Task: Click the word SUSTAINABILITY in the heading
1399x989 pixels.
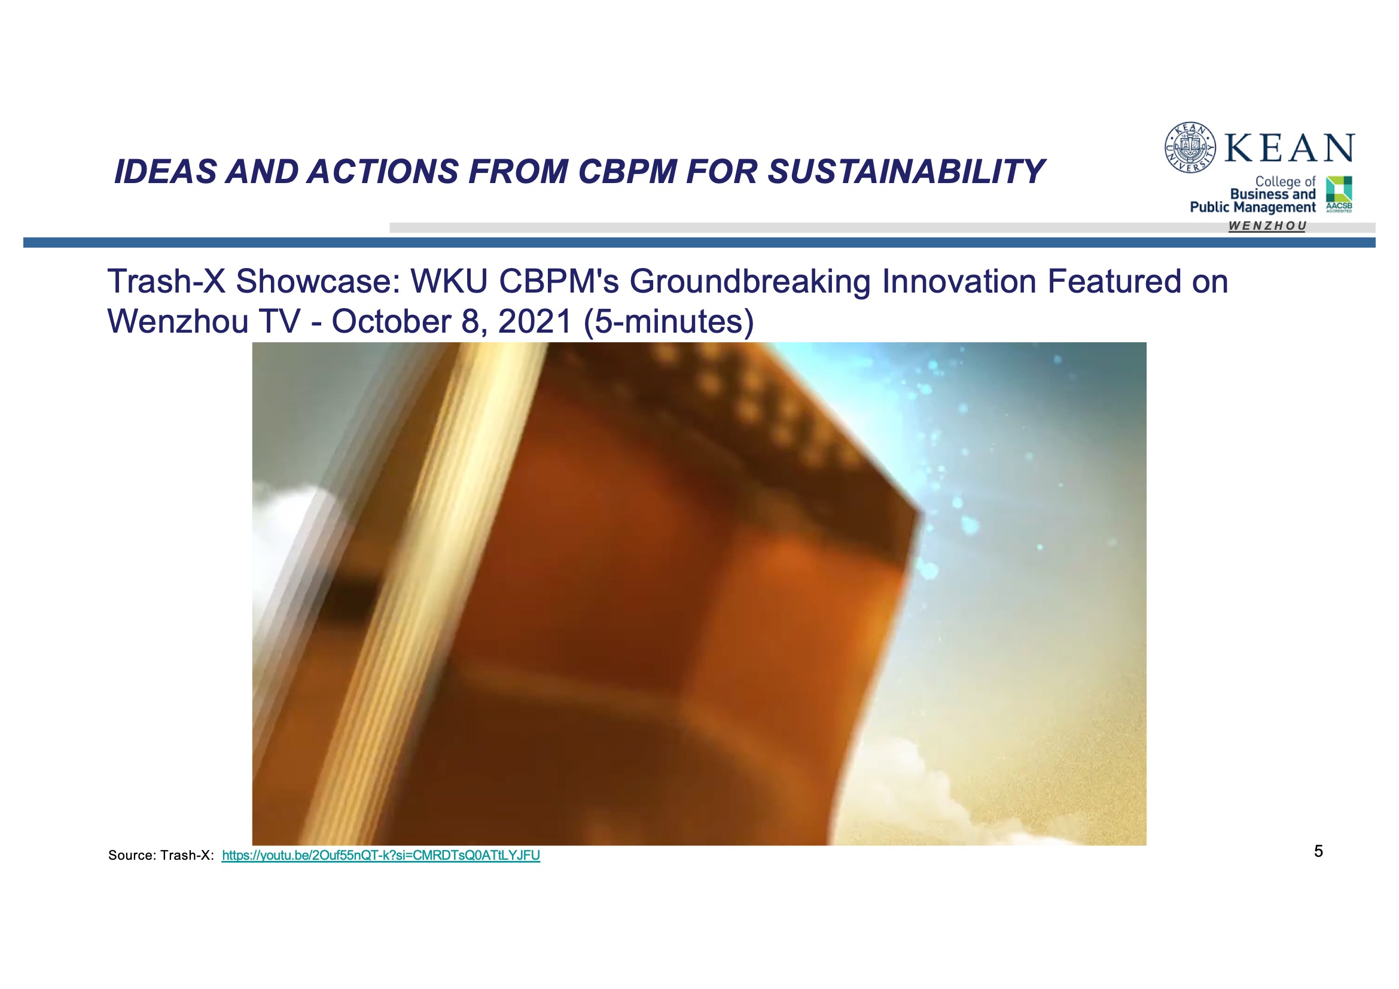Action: (906, 171)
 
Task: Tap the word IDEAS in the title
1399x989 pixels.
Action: (165, 171)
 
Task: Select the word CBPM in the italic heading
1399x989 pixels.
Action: (627, 171)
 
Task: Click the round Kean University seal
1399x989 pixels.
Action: (1190, 147)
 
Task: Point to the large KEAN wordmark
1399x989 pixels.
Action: (1290, 147)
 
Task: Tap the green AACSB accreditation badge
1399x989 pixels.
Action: (1339, 194)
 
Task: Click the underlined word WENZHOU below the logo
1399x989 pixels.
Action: (1267, 226)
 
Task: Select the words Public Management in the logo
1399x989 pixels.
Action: (1253, 207)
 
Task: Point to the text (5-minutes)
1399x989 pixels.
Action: (669, 322)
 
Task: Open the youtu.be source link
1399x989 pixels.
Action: (381, 856)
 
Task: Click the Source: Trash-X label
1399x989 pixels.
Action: (161, 856)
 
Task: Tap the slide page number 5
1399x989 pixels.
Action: (1319, 851)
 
